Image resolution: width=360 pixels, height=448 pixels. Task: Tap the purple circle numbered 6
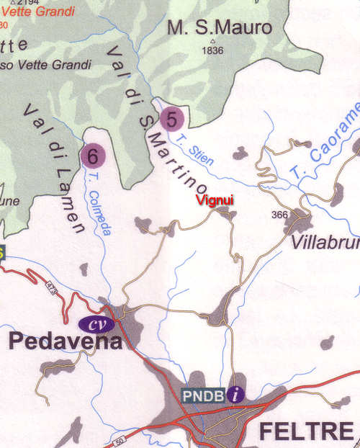click(x=92, y=155)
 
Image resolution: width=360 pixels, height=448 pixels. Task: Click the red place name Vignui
click(x=216, y=200)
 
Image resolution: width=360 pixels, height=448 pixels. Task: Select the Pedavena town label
click(x=66, y=341)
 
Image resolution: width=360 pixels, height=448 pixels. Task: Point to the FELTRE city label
click(x=305, y=431)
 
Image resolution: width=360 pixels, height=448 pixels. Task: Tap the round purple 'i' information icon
click(x=236, y=394)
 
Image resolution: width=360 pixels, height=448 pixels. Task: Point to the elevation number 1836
click(x=213, y=51)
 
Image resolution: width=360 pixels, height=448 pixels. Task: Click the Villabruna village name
click(x=325, y=243)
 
